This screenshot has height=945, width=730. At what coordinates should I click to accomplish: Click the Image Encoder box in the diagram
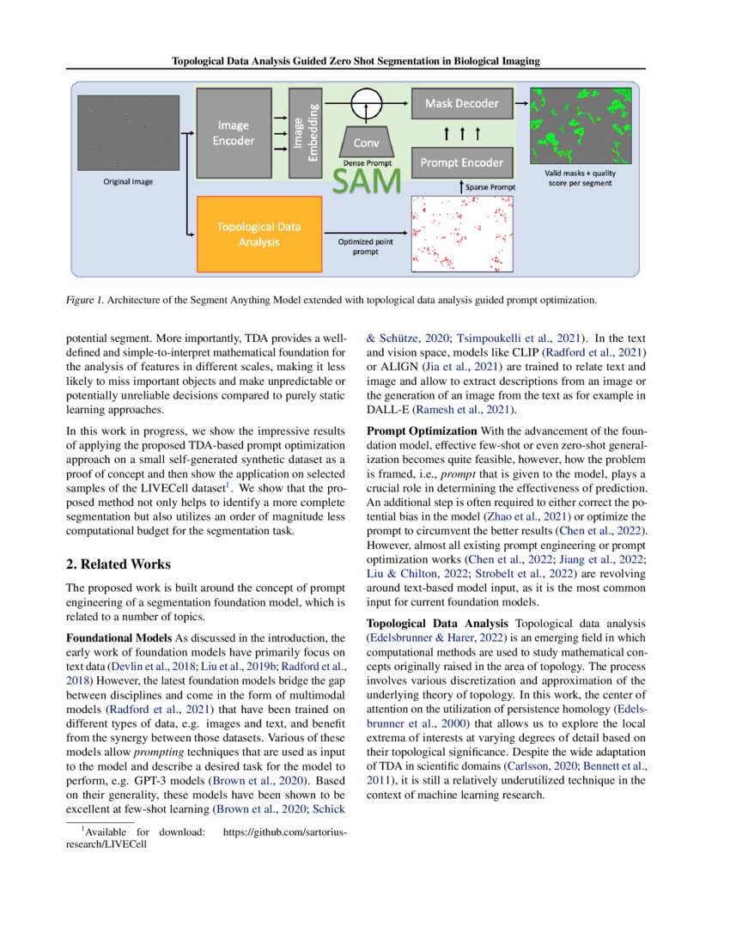(234, 133)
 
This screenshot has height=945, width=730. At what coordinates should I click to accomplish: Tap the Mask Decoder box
(462, 104)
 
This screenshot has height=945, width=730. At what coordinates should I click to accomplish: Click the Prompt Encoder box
(462, 162)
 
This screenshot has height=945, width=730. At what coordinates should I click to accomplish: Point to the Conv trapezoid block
(368, 143)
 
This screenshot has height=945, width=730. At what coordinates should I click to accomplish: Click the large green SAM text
(367, 181)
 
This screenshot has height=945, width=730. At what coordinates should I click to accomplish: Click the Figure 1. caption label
(90, 301)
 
